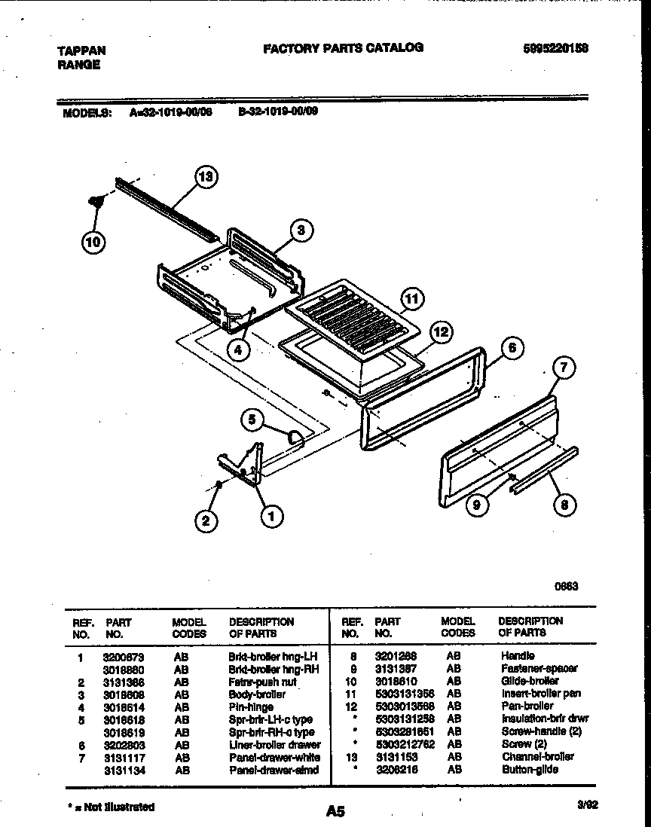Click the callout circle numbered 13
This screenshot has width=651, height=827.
point(205,178)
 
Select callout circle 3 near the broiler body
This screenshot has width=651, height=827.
point(301,230)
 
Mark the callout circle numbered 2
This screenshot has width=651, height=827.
point(206,519)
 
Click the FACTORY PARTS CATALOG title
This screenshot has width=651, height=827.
point(343,47)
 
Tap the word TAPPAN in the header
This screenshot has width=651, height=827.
point(81,50)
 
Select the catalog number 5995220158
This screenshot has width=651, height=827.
point(555,47)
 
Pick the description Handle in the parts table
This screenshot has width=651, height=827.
point(517,656)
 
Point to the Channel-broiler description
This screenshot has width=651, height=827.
point(536,756)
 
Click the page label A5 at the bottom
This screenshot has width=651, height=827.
point(336,811)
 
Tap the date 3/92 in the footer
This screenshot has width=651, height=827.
point(587,805)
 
